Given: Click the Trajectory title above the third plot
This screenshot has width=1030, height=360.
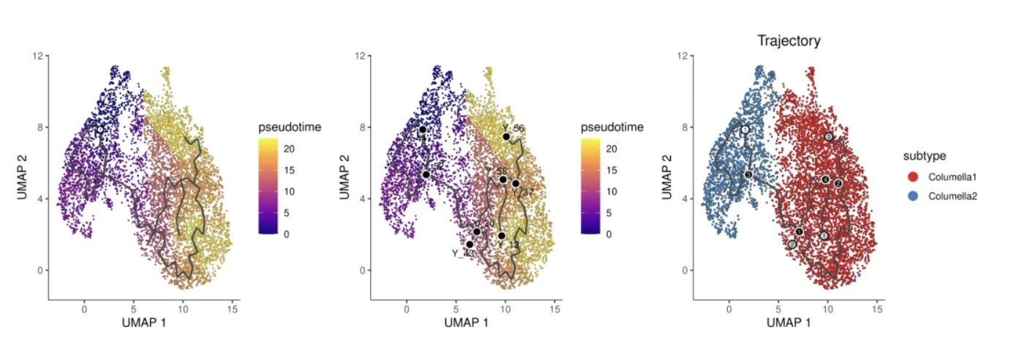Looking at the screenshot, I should [x=788, y=41].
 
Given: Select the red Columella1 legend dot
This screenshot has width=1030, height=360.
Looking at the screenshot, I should [x=912, y=177].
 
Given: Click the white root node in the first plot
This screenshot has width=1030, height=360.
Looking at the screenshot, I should [x=100, y=130].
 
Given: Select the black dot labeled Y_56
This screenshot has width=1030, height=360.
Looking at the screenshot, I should [x=506, y=137].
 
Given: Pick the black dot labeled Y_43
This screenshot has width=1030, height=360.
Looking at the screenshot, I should [x=470, y=244].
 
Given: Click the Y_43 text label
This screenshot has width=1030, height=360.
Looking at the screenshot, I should [x=462, y=254].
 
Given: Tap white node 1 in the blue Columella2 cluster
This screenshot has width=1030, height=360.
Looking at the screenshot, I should [x=745, y=130].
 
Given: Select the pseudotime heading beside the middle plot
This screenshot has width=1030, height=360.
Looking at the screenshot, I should [x=612, y=127].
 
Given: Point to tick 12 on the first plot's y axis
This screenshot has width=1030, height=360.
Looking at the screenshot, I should [x=37, y=56].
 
